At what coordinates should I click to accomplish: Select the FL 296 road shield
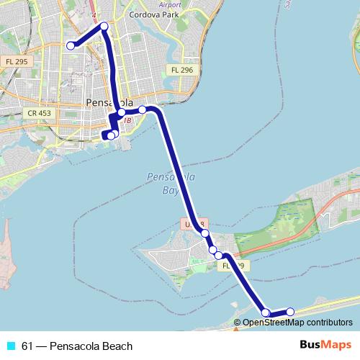click(x=181, y=70)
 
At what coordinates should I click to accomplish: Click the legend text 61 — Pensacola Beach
click(x=77, y=346)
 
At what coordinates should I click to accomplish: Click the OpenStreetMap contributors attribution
click(x=297, y=323)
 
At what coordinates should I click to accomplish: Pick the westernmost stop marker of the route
click(x=71, y=45)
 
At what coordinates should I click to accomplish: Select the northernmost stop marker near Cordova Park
click(x=104, y=27)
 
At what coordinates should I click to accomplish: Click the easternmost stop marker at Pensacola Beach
click(x=290, y=312)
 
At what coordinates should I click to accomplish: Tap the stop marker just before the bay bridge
click(x=143, y=109)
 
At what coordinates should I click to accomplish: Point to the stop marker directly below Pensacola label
click(x=122, y=112)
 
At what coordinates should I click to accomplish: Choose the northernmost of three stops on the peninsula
click(x=205, y=233)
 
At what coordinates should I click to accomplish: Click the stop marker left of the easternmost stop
click(x=266, y=312)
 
